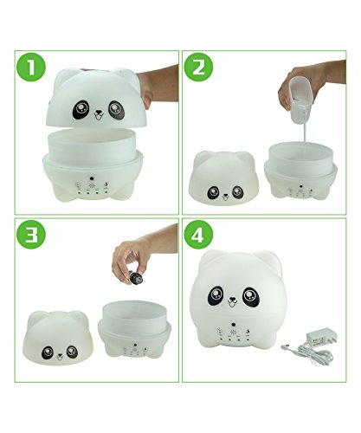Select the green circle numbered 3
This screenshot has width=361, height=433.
[31, 235]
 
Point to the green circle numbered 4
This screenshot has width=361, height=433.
[198, 235]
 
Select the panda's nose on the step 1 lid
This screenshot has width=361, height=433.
[99, 112]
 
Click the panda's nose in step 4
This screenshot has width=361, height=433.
[232, 299]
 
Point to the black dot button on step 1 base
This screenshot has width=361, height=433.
[92, 178]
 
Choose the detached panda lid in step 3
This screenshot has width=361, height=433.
[58, 338]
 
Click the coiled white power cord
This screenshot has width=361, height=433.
[309, 351]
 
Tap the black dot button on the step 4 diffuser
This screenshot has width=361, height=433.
[233, 323]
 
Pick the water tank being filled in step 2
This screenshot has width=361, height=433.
[300, 171]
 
